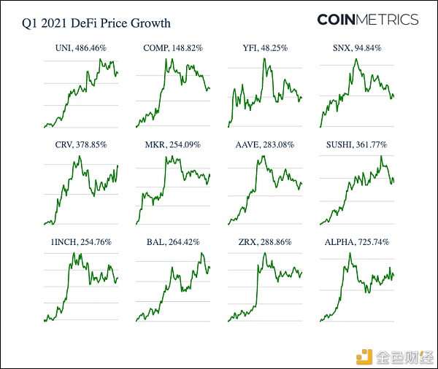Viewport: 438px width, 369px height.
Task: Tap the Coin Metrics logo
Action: click(367, 20)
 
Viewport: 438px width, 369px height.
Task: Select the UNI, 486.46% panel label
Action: click(80, 49)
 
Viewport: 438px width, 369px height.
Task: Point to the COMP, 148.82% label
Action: click(173, 49)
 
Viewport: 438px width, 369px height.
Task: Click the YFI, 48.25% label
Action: click(264, 49)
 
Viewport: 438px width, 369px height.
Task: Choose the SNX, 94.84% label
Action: click(356, 49)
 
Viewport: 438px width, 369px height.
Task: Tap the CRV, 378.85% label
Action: click(80, 145)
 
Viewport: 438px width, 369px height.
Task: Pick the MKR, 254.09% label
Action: click(173, 145)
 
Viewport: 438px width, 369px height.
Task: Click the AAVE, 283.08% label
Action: click(264, 145)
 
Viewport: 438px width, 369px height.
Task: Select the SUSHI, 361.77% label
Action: click(356, 145)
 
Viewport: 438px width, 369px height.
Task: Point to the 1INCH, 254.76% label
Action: click(80, 241)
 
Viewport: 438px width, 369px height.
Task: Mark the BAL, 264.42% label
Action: click(173, 241)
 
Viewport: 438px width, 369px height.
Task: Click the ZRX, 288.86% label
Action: click(264, 241)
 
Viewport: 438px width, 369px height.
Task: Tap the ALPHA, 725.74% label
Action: click(356, 241)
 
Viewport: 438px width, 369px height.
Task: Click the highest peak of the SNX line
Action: click(356, 59)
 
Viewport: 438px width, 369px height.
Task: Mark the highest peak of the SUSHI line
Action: click(381, 156)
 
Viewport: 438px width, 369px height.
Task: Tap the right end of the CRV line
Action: click(118, 166)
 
